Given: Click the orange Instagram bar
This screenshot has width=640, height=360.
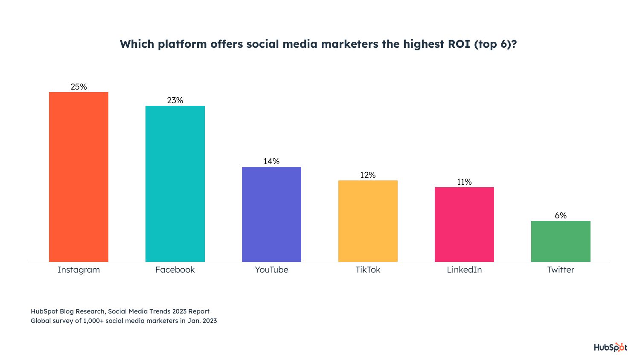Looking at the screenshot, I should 79,177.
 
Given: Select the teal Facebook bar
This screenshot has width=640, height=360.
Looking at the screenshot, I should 175,184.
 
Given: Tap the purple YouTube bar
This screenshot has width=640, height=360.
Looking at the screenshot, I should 271,214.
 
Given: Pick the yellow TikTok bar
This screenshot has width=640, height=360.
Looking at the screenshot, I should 368,221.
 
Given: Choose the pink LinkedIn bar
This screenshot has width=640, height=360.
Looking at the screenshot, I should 464,224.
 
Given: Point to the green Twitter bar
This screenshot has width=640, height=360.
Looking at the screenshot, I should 561,241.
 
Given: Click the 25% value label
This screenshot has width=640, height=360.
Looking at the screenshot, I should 79,87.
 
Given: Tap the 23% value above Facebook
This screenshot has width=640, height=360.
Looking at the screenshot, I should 175,100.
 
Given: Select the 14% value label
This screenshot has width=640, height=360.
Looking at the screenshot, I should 271,161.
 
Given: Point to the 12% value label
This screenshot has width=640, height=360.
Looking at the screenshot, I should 368,175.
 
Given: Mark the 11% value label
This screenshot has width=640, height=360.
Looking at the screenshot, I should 464,182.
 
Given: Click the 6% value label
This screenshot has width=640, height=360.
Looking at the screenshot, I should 561,215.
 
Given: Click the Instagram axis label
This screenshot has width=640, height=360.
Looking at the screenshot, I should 79,270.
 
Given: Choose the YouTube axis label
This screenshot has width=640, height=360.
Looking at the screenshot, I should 271,270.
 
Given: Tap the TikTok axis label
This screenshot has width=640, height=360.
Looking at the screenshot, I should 368,270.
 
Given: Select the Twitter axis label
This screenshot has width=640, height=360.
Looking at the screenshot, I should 561,270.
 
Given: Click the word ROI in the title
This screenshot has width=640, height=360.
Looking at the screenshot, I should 459,44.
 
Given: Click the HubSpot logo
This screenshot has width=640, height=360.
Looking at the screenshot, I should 611,347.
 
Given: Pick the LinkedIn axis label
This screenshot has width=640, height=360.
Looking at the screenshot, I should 464,270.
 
